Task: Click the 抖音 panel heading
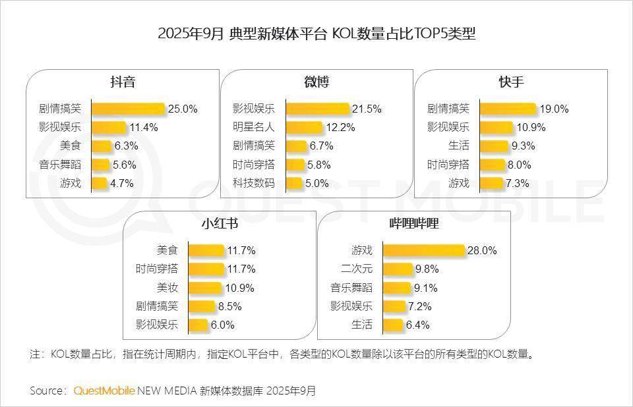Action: (x=123, y=83)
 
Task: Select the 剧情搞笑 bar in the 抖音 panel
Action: (x=127, y=109)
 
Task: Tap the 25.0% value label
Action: (x=183, y=109)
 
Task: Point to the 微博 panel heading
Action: (x=316, y=83)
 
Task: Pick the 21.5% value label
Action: (x=367, y=109)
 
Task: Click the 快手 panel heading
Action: (x=511, y=83)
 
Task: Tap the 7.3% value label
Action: (x=517, y=183)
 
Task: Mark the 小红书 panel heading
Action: (x=220, y=225)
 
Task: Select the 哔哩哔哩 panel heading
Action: (x=414, y=225)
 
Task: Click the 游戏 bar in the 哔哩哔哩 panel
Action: (x=423, y=250)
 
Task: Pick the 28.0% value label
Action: (x=482, y=251)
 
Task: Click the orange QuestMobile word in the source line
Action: (x=104, y=391)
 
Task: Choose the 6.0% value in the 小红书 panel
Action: (x=222, y=325)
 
